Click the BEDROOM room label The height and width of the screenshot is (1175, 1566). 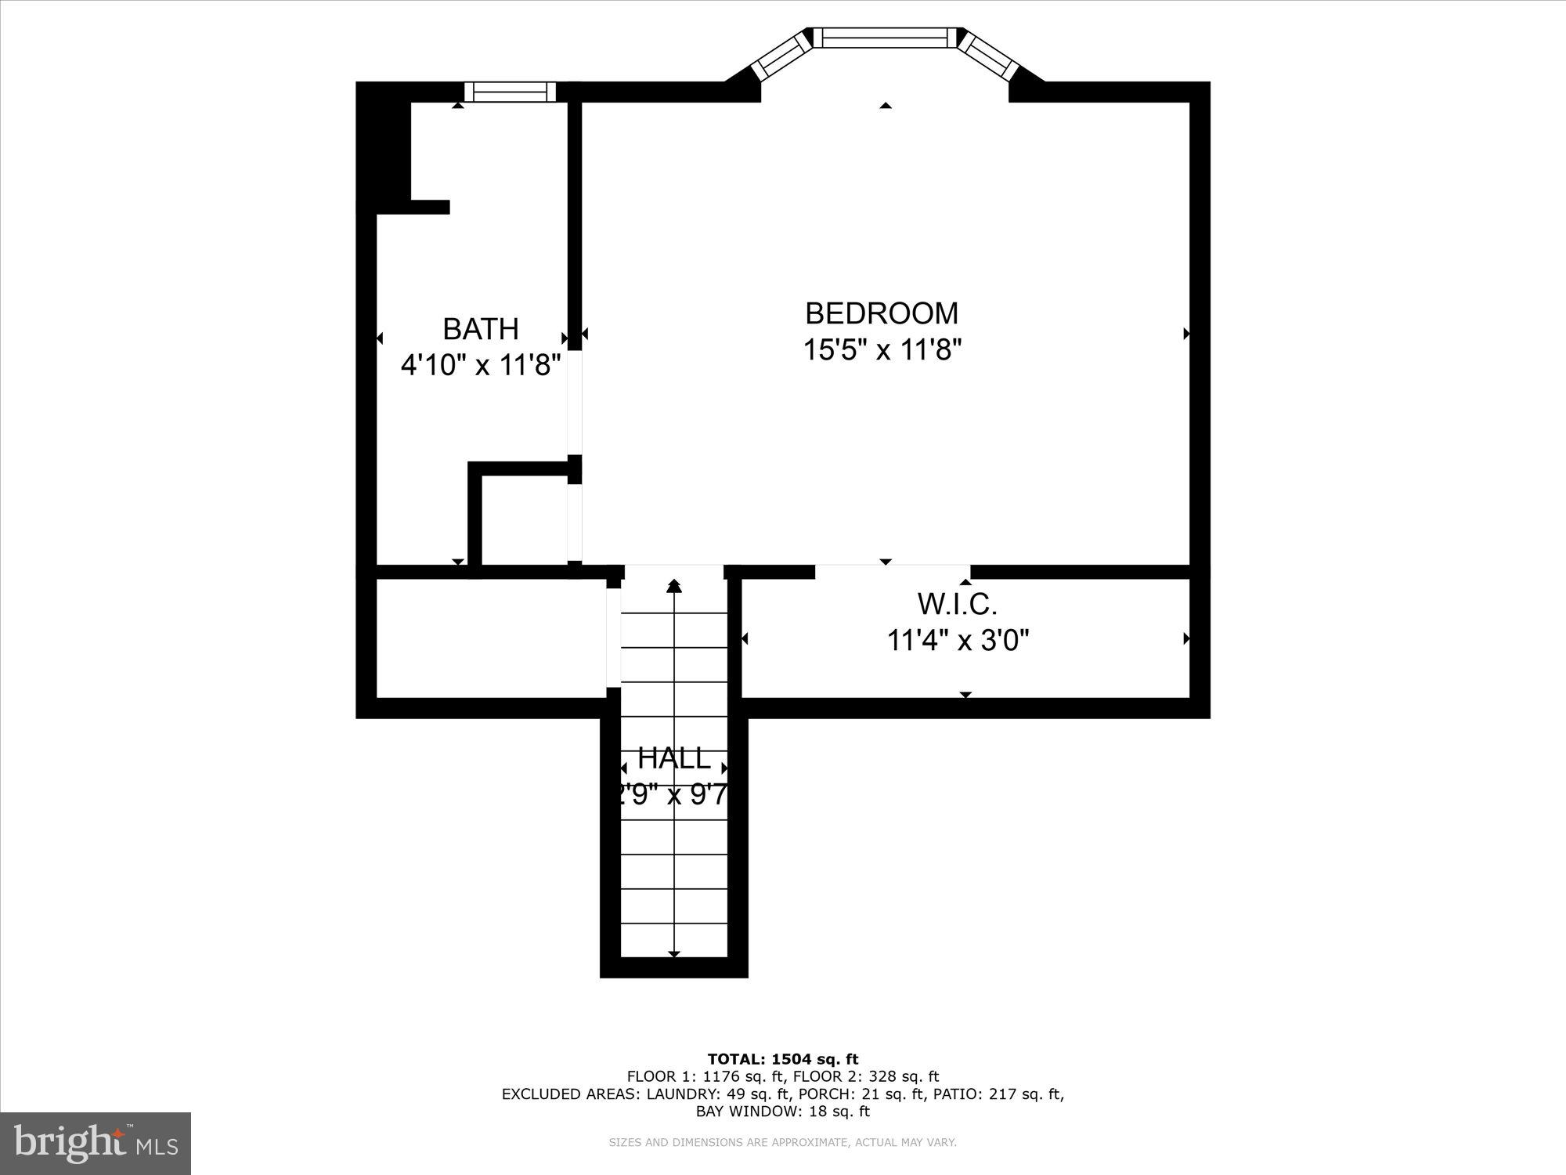(882, 313)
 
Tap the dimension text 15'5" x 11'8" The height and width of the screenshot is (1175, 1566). (882, 349)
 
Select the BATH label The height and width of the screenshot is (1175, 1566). (481, 329)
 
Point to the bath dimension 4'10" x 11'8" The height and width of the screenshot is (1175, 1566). (481, 365)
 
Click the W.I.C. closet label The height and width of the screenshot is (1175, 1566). (957, 605)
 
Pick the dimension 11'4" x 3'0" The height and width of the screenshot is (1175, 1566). (957, 641)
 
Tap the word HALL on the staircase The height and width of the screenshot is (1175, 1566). (673, 758)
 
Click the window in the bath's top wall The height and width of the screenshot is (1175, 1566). (510, 92)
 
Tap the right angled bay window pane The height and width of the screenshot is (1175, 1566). (988, 56)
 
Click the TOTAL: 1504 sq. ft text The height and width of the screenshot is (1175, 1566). (783, 1059)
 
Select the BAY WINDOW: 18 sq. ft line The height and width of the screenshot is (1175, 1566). (783, 1111)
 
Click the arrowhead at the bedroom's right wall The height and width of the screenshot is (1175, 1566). (1186, 334)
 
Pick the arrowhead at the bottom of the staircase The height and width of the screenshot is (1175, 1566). (674, 953)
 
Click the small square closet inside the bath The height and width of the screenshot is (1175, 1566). (523, 519)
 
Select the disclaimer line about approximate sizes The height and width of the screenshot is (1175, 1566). (783, 1143)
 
